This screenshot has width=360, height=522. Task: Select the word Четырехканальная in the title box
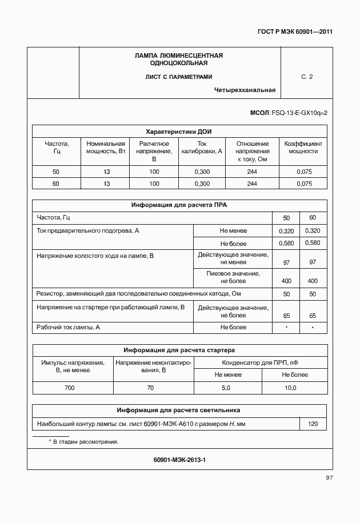click(x=245, y=90)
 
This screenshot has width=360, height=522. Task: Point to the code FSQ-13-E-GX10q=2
click(x=299, y=114)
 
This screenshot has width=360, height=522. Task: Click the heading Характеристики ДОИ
click(x=179, y=131)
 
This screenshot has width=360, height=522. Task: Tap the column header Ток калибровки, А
click(x=202, y=148)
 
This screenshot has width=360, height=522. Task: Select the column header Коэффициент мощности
click(x=303, y=148)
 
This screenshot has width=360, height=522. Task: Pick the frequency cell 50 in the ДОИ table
click(x=55, y=172)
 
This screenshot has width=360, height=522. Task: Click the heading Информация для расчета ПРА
click(x=179, y=205)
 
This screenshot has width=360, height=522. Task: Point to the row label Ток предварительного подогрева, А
click(x=88, y=230)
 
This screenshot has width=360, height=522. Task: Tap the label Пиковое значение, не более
click(x=233, y=277)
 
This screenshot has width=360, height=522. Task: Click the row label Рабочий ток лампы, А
click(x=68, y=327)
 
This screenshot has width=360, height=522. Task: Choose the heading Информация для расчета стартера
click(x=179, y=350)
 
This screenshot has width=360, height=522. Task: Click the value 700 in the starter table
click(x=70, y=388)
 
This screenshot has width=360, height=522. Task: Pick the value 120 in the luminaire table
click(x=313, y=424)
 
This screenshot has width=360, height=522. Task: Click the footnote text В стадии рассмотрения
click(x=86, y=442)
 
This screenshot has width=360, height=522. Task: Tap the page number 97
click(x=329, y=477)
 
